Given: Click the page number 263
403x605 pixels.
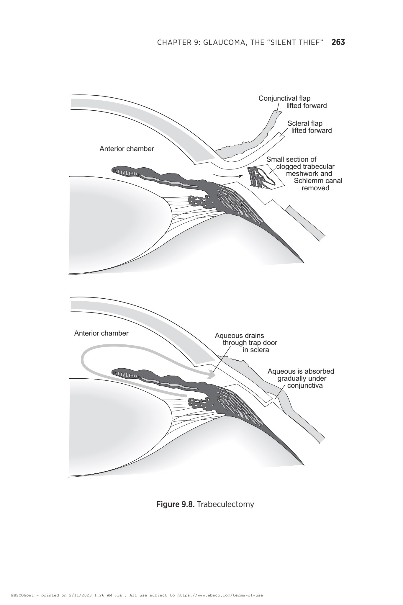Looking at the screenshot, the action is pyautogui.click(x=338, y=42).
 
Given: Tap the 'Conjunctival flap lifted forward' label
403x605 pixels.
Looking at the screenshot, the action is pyautogui.click(x=293, y=102).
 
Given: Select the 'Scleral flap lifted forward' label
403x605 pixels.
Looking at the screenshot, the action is pyautogui.click(x=309, y=127).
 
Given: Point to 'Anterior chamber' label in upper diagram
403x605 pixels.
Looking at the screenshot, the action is pyautogui.click(x=127, y=149).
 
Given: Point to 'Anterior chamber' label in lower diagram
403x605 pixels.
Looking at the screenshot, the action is pyautogui.click(x=101, y=333).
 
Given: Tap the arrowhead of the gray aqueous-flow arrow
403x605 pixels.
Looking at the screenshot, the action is pyautogui.click(x=212, y=374).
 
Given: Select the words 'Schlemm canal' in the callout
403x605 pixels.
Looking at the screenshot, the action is pyautogui.click(x=318, y=181).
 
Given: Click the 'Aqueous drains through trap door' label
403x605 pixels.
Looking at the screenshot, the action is pyautogui.click(x=246, y=343).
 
